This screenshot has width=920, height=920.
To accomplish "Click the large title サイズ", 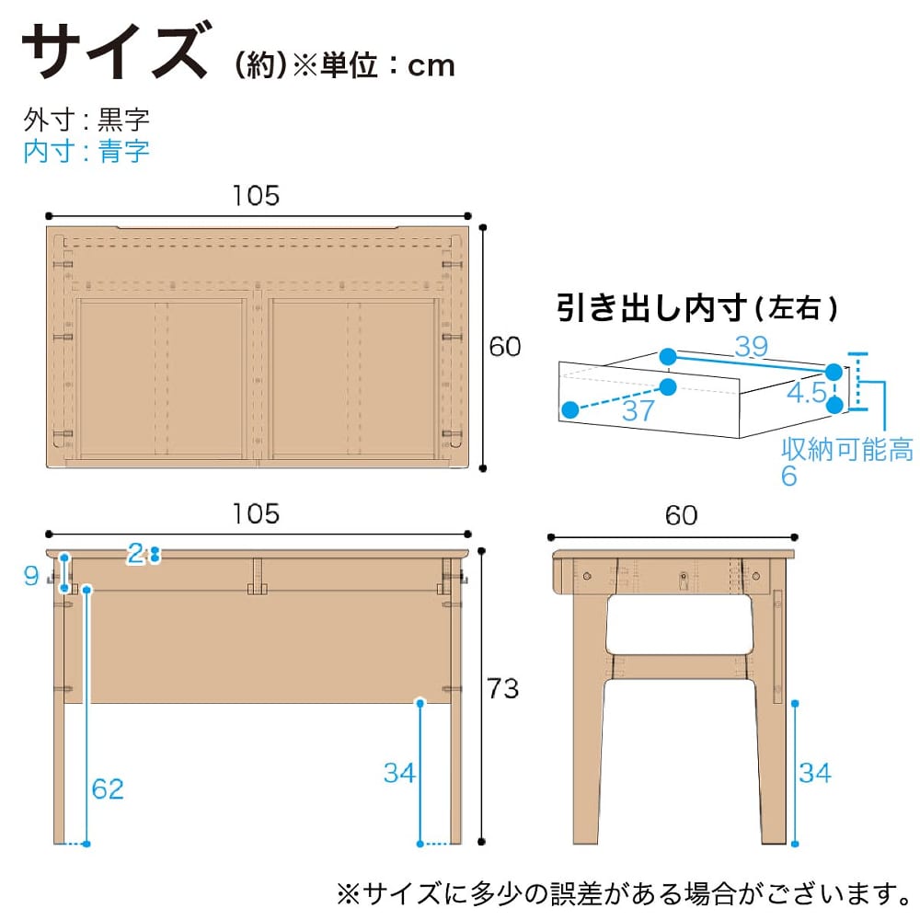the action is [115, 50].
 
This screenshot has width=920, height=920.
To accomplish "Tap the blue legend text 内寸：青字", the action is [86, 152].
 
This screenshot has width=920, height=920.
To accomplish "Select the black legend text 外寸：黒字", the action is [86, 120].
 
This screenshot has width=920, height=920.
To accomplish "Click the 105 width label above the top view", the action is [257, 195].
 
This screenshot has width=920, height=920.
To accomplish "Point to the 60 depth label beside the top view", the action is [504, 347].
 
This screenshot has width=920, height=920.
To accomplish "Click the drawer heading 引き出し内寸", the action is [652, 307].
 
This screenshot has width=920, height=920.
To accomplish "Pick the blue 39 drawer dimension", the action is [752, 346].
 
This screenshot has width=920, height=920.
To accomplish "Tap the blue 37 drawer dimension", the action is [638, 410].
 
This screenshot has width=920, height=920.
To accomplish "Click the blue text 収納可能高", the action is [847, 449].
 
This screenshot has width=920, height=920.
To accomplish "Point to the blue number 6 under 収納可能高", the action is [789, 476].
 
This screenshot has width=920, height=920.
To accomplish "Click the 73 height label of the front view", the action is [503, 689].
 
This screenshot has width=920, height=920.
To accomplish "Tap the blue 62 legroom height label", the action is [108, 789].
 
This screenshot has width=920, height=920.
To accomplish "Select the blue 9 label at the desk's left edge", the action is [31, 576].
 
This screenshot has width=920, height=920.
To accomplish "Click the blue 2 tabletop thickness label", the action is [135, 553].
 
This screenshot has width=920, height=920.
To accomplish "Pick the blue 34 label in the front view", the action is [399, 773].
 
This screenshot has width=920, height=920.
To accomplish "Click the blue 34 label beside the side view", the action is [815, 773].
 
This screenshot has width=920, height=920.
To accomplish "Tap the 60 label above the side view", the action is [681, 516].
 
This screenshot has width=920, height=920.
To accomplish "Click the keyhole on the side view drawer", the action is [683, 581].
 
